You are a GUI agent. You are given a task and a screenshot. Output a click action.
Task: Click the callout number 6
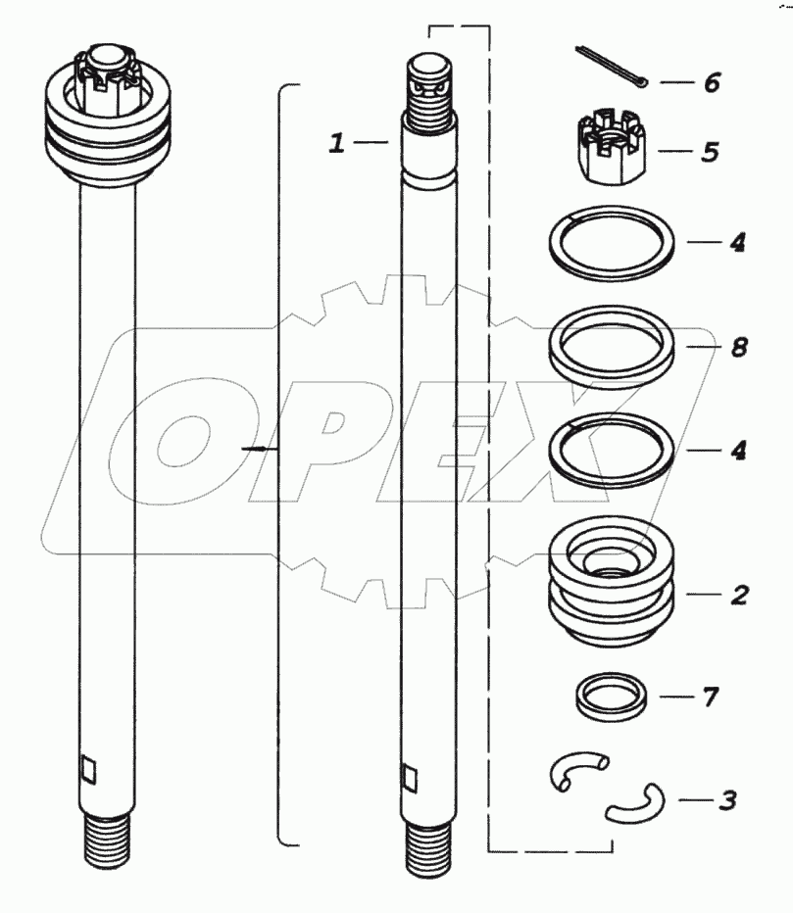pyautogui.click(x=712, y=82)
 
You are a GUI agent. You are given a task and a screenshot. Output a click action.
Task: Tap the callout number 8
pyautogui.click(x=739, y=347)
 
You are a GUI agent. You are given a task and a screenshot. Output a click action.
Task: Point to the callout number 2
pyautogui.click(x=739, y=595)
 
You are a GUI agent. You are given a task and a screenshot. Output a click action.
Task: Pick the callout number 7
pyautogui.click(x=711, y=697)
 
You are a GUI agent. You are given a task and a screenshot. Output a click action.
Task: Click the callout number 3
pyautogui.click(x=728, y=800)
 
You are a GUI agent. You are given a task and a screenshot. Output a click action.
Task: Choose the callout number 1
pyautogui.click(x=337, y=143)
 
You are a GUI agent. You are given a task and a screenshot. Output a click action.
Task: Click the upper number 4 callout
pyautogui.click(x=738, y=242)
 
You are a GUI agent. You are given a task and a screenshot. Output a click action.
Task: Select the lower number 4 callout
pyautogui.click(x=738, y=450)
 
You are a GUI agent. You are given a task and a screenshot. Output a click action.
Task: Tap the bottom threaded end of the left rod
pyautogui.click(x=107, y=842)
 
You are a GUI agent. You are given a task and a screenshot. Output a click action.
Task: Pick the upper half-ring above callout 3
pyautogui.click(x=578, y=770)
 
